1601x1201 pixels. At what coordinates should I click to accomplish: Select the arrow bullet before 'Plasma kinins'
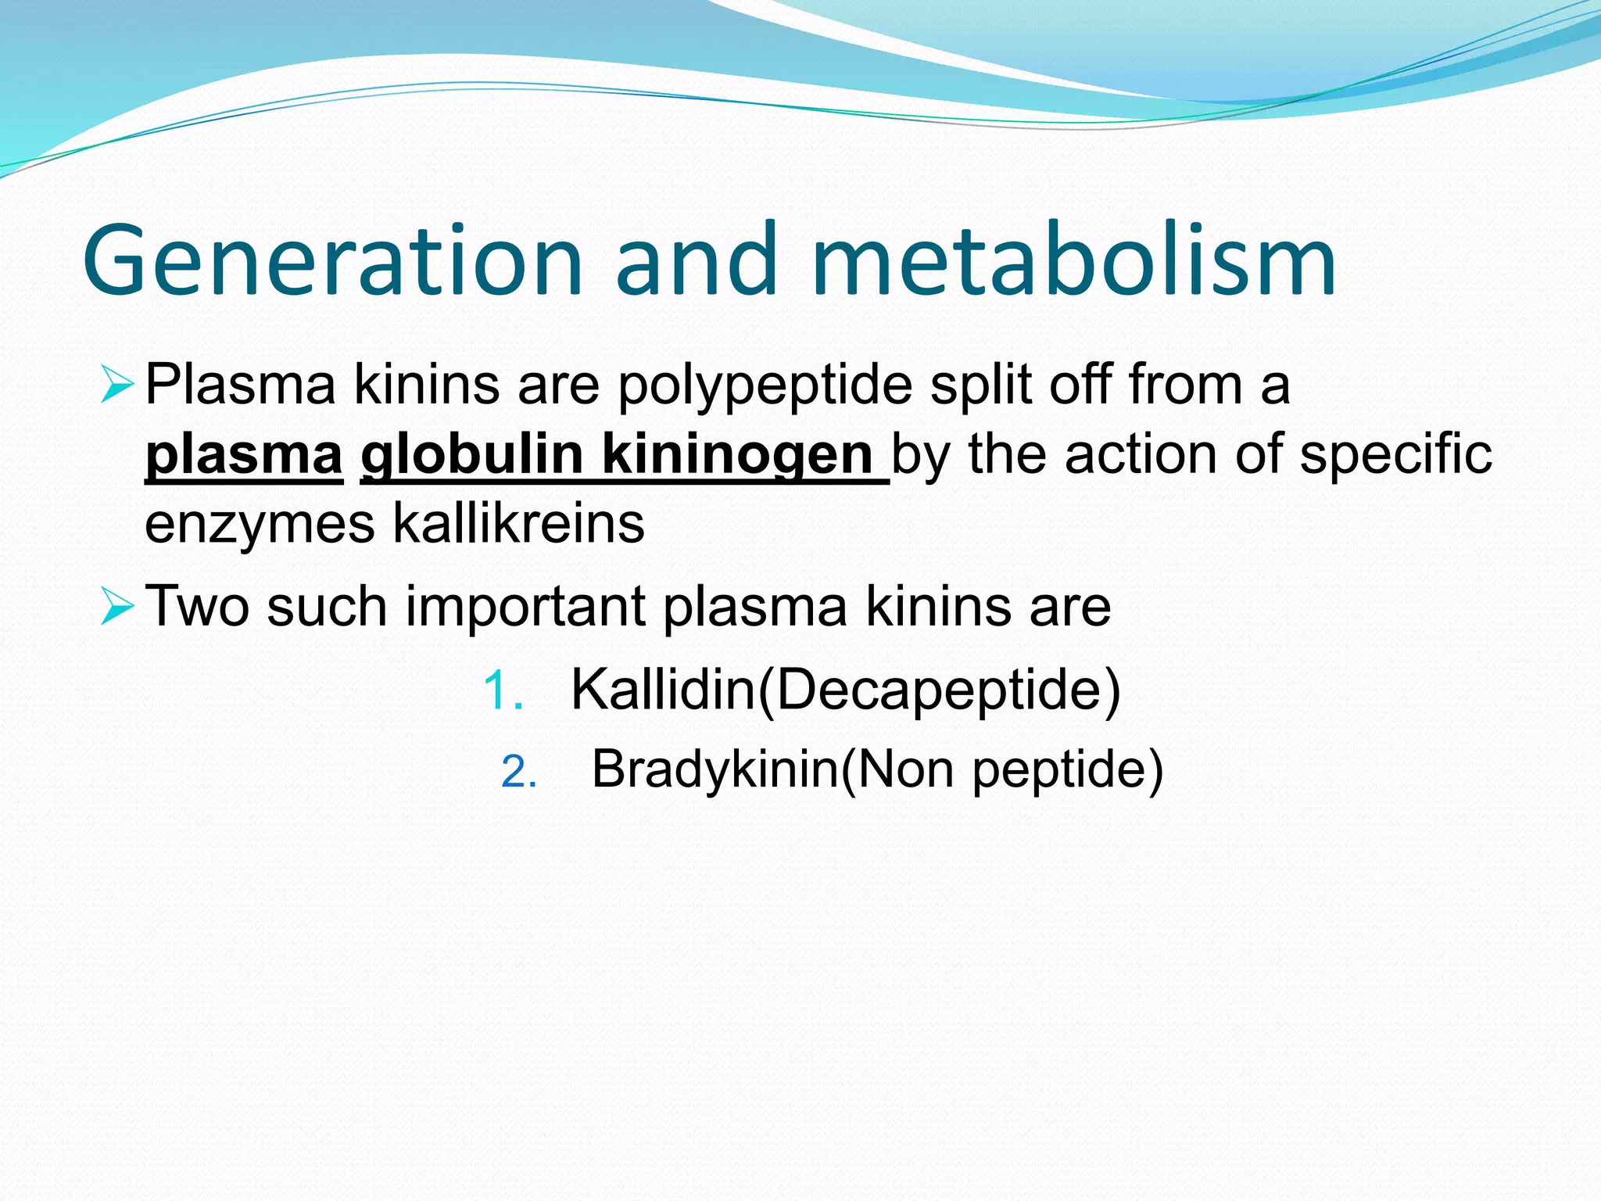[118, 385]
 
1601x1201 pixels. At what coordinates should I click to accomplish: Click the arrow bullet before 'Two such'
[118, 607]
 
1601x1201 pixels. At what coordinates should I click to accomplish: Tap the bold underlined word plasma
[244, 454]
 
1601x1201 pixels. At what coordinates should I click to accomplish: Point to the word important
[526, 607]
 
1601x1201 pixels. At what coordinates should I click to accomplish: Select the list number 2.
[518, 773]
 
